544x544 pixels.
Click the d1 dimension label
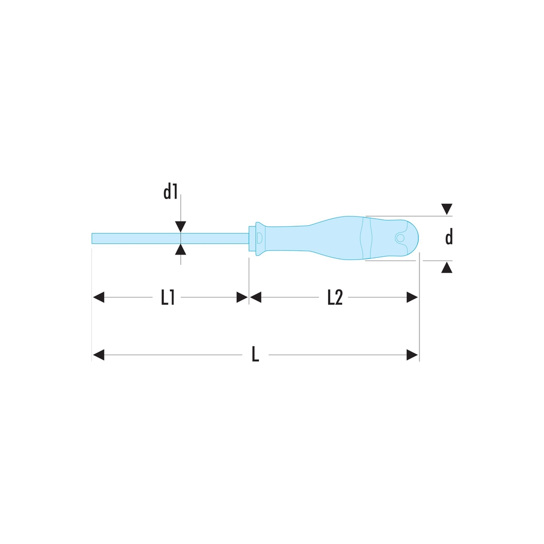click(x=170, y=192)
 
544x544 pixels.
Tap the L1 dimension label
click(x=168, y=298)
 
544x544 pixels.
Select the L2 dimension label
click(x=335, y=298)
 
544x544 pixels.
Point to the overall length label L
click(x=255, y=355)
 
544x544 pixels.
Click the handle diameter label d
click(x=449, y=237)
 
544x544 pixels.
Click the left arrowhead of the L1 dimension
click(x=98, y=298)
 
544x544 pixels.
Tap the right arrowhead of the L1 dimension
click(x=242, y=298)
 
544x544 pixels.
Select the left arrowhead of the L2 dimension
click(x=256, y=298)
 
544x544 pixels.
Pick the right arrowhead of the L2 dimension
click(x=412, y=298)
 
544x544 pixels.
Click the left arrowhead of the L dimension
click(x=98, y=355)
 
